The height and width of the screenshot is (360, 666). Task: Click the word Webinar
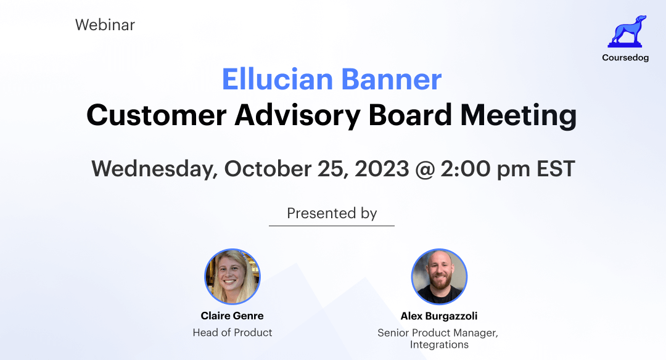(105, 25)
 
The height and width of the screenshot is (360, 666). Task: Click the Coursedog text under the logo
(625, 58)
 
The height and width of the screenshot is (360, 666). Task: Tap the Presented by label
(332, 213)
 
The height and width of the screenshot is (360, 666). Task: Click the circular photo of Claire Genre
(232, 277)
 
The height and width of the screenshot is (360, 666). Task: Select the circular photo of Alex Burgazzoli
(439, 277)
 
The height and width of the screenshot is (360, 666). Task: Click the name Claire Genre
(232, 316)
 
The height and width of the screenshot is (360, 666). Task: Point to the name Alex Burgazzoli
(439, 316)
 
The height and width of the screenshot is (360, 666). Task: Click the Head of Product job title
(232, 333)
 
